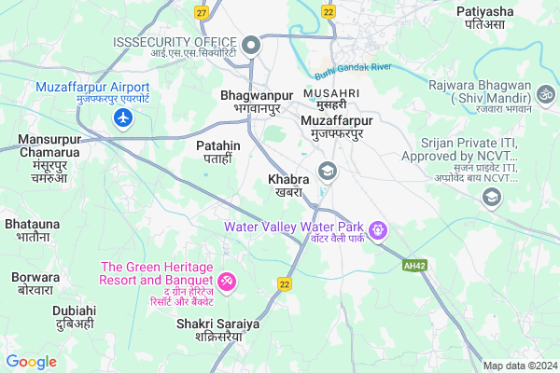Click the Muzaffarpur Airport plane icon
click(122, 117)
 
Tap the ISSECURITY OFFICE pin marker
click(250, 45)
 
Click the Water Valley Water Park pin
click(378, 228)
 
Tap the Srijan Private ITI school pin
click(490, 197)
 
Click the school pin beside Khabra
click(327, 171)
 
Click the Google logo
click(31, 361)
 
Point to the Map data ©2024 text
click(519, 365)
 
